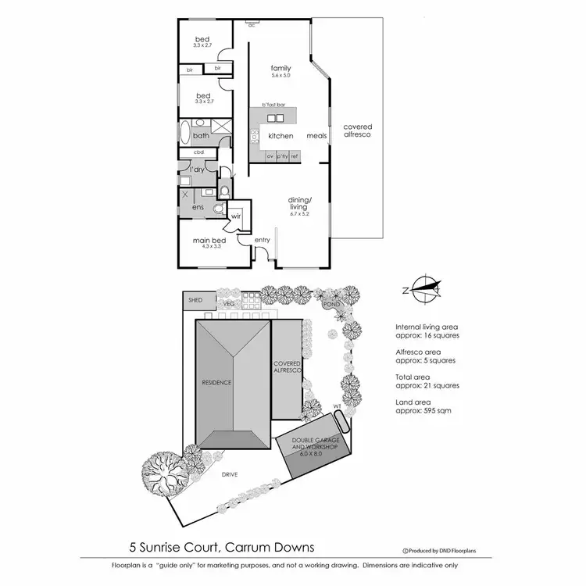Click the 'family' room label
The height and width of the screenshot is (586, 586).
click(280, 68)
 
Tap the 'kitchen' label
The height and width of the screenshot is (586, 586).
click(280, 136)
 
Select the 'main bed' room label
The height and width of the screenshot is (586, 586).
click(209, 241)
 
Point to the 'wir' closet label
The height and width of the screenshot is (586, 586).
click(234, 216)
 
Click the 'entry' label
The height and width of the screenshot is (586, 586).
click(262, 240)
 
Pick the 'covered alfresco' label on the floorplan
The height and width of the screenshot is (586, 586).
click(358, 130)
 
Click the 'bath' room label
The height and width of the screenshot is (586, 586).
click(201, 136)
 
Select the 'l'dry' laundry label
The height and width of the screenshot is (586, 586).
click(197, 170)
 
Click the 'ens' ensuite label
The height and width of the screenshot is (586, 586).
click(198, 207)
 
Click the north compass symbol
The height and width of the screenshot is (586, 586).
click(423, 289)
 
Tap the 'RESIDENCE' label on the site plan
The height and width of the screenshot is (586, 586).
click(217, 382)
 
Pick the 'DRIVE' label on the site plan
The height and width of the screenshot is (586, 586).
click(229, 474)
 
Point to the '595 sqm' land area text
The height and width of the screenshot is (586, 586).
click(432, 410)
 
